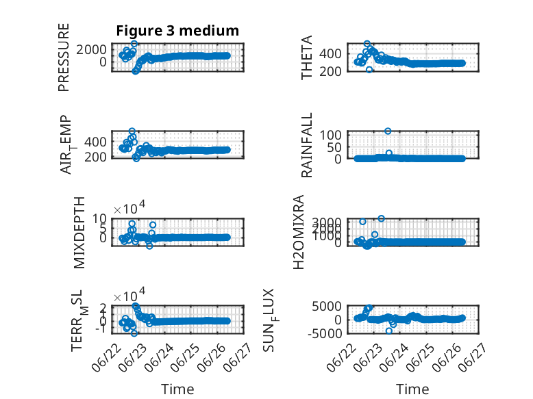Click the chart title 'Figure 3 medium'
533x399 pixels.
point(177,31)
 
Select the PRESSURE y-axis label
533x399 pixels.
point(64,57)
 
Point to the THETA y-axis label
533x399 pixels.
point(307,57)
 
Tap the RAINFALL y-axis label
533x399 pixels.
point(307,145)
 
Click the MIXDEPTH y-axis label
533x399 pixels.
point(79,233)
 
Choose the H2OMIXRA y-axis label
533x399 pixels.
point(298,232)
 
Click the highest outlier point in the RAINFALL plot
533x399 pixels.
point(388,131)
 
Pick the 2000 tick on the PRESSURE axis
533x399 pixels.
point(91,50)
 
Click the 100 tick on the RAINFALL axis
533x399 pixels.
point(330,135)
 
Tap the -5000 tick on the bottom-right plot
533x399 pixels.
point(325,333)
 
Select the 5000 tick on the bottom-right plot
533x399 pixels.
point(327,307)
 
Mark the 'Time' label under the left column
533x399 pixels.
point(177,389)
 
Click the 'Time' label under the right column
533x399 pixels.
point(412,389)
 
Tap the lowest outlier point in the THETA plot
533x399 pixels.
point(369,70)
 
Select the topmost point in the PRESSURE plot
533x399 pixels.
point(134,44)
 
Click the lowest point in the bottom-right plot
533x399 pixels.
point(389,331)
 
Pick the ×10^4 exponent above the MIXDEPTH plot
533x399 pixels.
point(129,208)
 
